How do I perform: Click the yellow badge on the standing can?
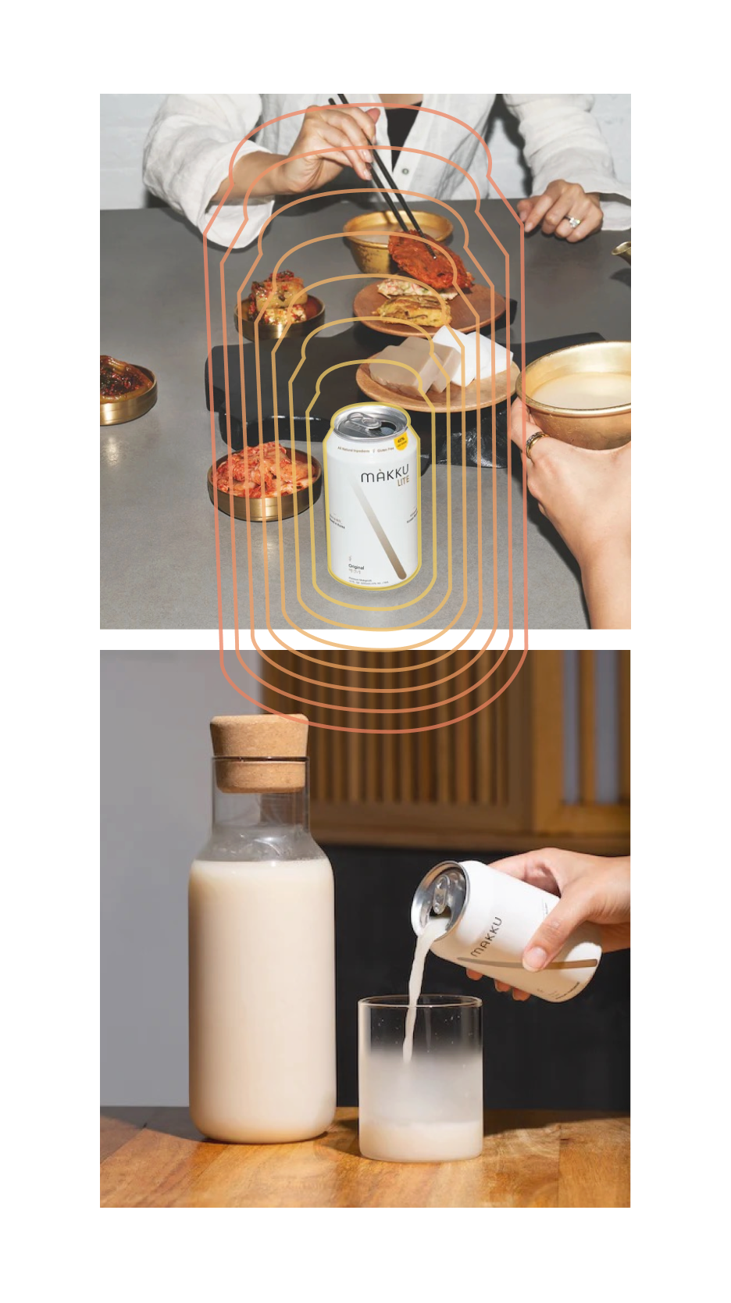click(401, 441)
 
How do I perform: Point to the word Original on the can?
click(356, 567)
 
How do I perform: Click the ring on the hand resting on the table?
click(573, 221)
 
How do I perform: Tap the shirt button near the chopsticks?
click(405, 170)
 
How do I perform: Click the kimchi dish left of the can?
click(264, 477)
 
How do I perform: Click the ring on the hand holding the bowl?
click(534, 443)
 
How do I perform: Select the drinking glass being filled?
click(420, 1078)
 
